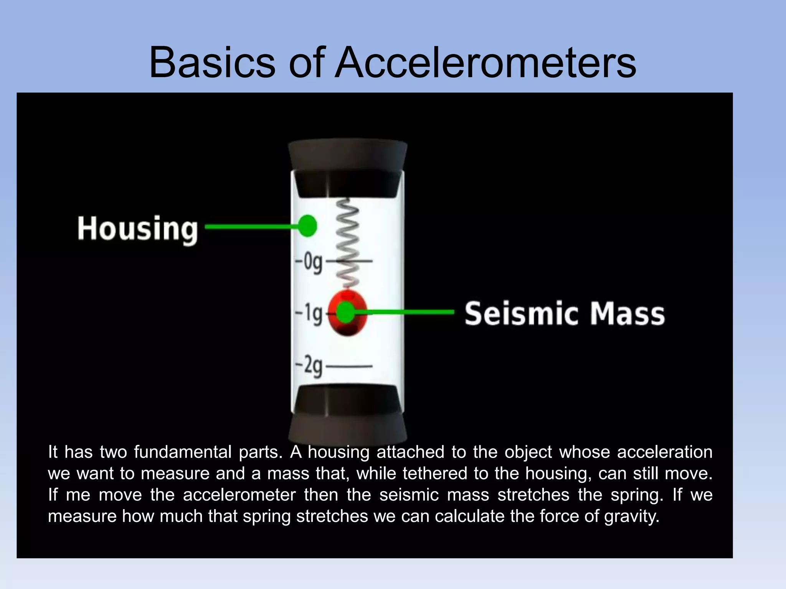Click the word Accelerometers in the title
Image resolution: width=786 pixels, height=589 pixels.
point(485,62)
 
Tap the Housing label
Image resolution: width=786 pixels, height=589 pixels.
point(137,229)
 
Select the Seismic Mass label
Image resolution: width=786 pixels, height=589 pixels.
point(565,314)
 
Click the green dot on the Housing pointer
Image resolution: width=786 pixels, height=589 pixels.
point(307,226)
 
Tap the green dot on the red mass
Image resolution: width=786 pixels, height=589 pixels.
point(345,312)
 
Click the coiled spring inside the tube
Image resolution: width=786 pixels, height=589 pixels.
point(348,242)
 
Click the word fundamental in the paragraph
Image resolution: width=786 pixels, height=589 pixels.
point(183,452)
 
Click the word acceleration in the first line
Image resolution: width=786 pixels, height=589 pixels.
point(664,452)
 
